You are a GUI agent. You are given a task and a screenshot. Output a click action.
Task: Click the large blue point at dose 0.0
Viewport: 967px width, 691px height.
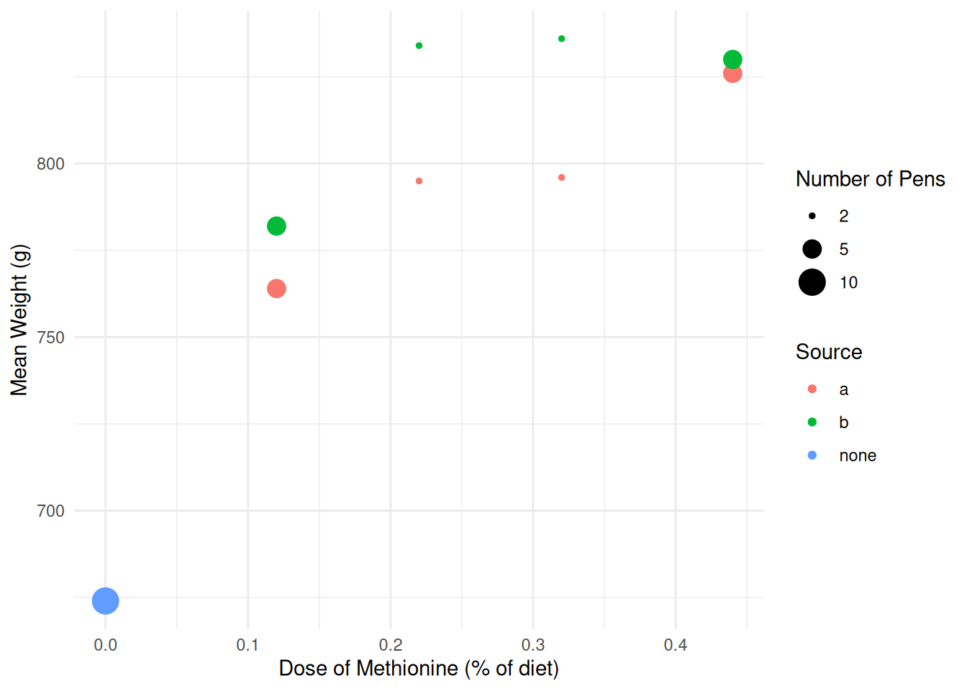tap(106, 600)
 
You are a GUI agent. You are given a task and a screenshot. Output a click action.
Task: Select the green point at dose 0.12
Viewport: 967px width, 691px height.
tap(276, 226)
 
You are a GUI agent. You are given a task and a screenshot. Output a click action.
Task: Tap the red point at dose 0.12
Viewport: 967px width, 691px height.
tap(276, 289)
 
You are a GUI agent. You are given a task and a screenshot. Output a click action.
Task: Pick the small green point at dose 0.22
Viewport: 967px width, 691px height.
tap(419, 46)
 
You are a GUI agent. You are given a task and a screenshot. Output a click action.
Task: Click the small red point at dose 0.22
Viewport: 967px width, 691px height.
tap(419, 181)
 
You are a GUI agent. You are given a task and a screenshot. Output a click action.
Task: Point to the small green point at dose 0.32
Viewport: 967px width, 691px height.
tap(562, 39)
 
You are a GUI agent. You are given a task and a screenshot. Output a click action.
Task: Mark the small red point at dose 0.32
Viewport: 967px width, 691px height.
tap(562, 178)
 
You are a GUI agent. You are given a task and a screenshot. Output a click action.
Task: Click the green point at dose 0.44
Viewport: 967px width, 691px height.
tap(732, 60)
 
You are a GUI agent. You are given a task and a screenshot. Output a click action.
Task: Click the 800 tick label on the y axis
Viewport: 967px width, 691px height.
tap(50, 164)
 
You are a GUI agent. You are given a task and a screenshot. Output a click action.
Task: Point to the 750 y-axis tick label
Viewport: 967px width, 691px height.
tap(50, 338)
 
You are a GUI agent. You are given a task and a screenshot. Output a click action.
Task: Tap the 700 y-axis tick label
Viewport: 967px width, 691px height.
tap(50, 511)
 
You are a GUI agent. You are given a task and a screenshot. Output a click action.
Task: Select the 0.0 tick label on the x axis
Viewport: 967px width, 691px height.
tap(106, 645)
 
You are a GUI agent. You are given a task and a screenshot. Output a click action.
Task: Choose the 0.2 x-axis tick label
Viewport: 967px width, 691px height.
tap(391, 645)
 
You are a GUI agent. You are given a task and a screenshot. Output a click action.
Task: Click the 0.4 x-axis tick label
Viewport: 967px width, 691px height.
tap(676, 645)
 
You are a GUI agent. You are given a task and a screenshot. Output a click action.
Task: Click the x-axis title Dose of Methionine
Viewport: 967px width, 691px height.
tap(419, 669)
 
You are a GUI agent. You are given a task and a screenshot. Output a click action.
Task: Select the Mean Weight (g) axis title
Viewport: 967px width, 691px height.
tap(19, 320)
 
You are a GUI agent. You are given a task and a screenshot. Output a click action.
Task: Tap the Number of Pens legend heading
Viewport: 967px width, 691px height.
tap(870, 179)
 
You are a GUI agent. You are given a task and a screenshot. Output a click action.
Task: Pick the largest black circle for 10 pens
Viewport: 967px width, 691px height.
tap(812, 282)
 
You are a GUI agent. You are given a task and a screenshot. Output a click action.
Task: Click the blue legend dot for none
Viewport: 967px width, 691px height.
tap(812, 456)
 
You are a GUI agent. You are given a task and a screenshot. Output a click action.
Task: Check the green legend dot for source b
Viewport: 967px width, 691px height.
tap(812, 423)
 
